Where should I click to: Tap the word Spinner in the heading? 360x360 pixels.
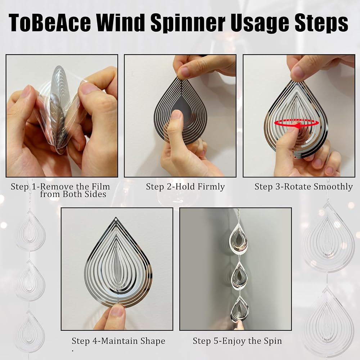(187, 23)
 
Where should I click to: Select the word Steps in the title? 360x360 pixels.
(321, 23)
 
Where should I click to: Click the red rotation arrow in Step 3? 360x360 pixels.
(296, 123)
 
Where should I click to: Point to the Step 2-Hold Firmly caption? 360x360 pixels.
(185, 186)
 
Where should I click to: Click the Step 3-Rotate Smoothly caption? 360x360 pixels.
(303, 186)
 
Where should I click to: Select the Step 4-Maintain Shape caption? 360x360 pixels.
(118, 341)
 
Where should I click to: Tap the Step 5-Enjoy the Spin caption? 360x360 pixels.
(237, 341)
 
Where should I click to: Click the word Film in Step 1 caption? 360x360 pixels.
(101, 186)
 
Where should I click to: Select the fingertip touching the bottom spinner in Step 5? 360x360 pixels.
(239, 324)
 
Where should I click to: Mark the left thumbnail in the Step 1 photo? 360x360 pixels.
(26, 91)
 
